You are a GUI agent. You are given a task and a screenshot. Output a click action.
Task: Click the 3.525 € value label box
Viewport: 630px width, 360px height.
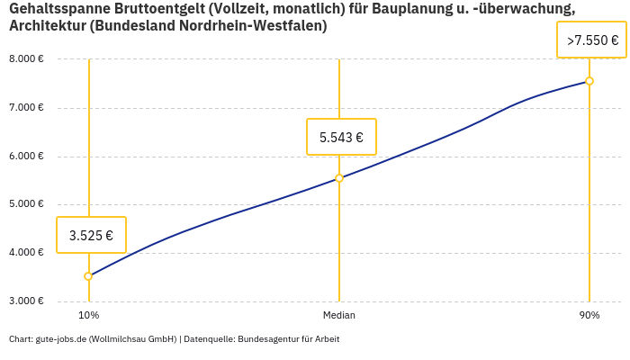(x=91, y=235)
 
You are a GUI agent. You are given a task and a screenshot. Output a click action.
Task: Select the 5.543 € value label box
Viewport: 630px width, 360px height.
(x=341, y=137)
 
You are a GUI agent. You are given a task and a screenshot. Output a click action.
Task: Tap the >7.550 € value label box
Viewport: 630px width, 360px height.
(x=591, y=40)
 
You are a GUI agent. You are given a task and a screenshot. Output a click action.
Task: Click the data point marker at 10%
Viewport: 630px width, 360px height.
(x=88, y=276)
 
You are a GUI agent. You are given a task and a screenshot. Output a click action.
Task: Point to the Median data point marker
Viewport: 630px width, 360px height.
(x=339, y=178)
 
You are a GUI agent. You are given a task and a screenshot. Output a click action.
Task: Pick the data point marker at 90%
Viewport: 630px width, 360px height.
(x=589, y=81)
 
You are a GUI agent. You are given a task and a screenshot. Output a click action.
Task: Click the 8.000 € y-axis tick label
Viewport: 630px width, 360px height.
(x=26, y=59)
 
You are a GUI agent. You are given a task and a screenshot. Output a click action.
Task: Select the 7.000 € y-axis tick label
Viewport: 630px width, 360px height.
(x=26, y=108)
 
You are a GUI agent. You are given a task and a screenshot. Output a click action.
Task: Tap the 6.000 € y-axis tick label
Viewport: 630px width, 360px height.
(x=26, y=157)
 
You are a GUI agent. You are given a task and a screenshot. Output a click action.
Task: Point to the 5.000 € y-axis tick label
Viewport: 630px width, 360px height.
(x=26, y=204)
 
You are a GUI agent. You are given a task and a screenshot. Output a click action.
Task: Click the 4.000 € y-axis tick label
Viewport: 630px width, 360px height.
(x=26, y=253)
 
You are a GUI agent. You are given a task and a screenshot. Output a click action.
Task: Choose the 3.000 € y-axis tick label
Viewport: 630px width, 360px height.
(x=26, y=301)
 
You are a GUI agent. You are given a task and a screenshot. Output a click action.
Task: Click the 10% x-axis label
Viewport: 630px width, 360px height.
(x=88, y=315)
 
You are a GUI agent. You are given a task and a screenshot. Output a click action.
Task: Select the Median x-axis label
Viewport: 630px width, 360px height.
(x=339, y=315)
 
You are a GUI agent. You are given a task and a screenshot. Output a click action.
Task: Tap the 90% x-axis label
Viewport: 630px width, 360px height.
(x=589, y=315)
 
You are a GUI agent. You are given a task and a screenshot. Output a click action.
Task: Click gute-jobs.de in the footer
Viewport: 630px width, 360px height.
(x=60, y=339)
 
